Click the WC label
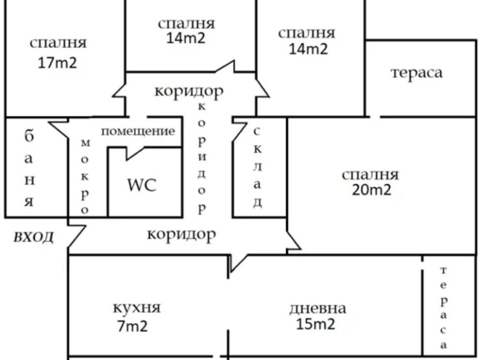141,185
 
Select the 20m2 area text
371,190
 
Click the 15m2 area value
315,324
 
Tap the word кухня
136,308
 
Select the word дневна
317,308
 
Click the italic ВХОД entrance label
33,238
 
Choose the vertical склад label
257,167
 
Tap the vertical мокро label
85,177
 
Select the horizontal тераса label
416,72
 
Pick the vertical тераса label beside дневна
443,308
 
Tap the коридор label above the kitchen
181,234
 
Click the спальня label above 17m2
57,43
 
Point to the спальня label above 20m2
370,174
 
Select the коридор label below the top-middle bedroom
188,91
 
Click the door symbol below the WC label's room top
137,151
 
